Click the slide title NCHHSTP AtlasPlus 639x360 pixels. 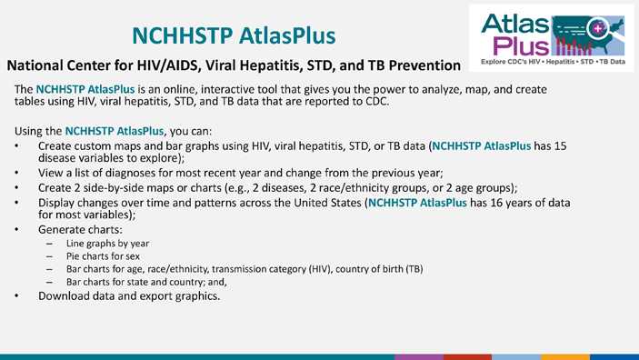[x=234, y=35]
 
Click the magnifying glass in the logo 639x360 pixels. [x=596, y=29]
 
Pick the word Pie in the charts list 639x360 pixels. [x=75, y=256]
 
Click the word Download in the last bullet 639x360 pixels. [x=66, y=295]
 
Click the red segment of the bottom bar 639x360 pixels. [x=467, y=356]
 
